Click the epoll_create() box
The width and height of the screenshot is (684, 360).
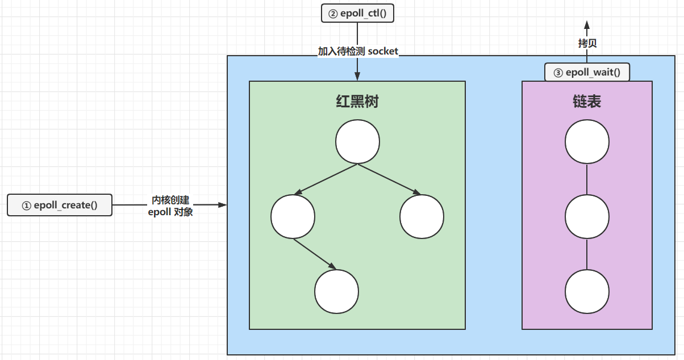pyautogui.click(x=60, y=205)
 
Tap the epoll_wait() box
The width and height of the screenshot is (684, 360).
pyautogui.click(x=587, y=72)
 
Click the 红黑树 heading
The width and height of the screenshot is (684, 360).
pyautogui.click(x=357, y=102)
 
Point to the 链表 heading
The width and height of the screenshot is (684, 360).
pyautogui.click(x=587, y=102)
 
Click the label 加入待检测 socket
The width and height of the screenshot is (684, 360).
pyautogui.click(x=358, y=51)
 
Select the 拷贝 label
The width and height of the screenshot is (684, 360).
pyautogui.click(x=587, y=43)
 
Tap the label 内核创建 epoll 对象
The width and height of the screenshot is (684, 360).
pyautogui.click(x=170, y=206)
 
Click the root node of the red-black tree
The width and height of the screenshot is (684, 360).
pyautogui.click(x=357, y=142)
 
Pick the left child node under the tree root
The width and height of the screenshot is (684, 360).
pyautogui.click(x=293, y=217)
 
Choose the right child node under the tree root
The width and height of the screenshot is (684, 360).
pyautogui.click(x=422, y=217)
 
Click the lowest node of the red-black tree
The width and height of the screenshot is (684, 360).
pyautogui.click(x=337, y=291)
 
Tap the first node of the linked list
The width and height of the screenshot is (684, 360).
pyautogui.click(x=587, y=142)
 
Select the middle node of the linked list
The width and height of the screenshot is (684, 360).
pyautogui.click(x=587, y=217)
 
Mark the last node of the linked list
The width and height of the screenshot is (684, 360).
pyautogui.click(x=587, y=291)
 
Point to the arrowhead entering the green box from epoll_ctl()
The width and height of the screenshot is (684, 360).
pyautogui.click(x=357, y=77)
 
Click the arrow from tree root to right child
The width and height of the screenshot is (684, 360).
pyautogui.click(x=389, y=179)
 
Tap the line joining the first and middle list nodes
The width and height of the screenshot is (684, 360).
pyautogui.click(x=587, y=179)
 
